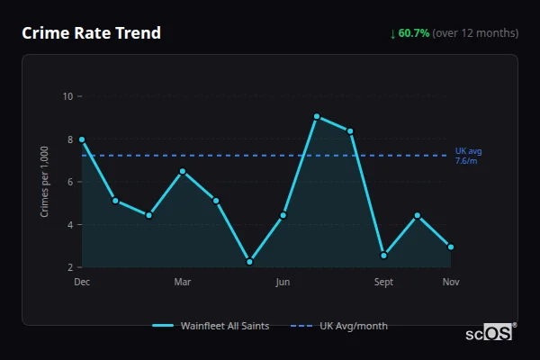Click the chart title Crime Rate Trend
[x=91, y=33]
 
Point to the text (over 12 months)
[x=475, y=33]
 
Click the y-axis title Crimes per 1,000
[x=44, y=182]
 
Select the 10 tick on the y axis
[x=67, y=96]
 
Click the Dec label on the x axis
[x=82, y=283]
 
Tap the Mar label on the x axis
[x=183, y=283]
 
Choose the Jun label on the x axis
[x=283, y=283]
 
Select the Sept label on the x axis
[x=383, y=283]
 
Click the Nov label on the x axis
[x=451, y=283]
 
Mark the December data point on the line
[x=82, y=139]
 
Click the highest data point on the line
[x=317, y=116]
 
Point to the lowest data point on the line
[x=249, y=262]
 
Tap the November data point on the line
[x=451, y=247]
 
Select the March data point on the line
[x=183, y=171]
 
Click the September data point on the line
[x=383, y=256]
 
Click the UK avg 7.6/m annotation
[x=468, y=156]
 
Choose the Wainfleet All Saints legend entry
[x=211, y=326]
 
